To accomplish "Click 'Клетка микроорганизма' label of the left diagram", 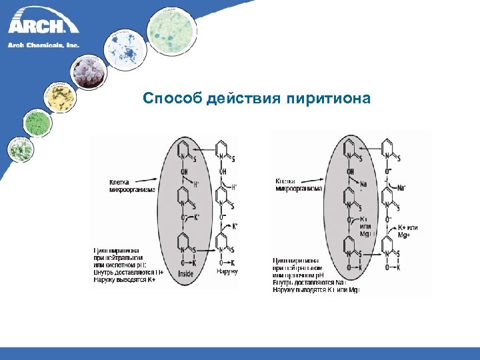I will coord(132,185).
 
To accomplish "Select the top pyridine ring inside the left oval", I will coord(183,151).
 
